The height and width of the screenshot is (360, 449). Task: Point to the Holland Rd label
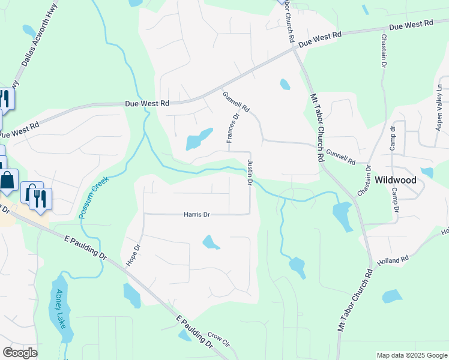pos(393,260)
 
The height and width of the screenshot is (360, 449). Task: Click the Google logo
pos(20,353)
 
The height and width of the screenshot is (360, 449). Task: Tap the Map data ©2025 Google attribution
pos(411,355)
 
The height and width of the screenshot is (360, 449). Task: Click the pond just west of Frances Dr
pos(199,140)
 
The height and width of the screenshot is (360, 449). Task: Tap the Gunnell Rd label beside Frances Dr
pos(235,101)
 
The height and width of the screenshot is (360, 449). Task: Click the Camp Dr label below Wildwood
pos(396,200)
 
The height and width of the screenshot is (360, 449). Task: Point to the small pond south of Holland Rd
pos(392,296)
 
